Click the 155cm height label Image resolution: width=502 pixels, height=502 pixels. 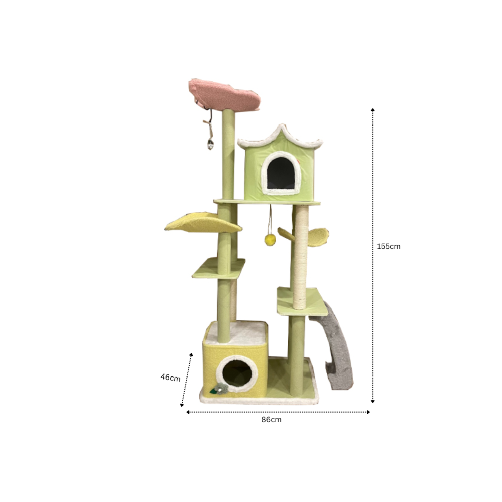pyautogui.click(x=389, y=246)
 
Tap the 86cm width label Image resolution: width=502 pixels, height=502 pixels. pyautogui.click(x=271, y=419)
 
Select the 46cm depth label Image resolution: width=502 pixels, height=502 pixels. pyautogui.click(x=170, y=378)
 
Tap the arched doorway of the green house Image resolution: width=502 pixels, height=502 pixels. pyautogui.click(x=281, y=174)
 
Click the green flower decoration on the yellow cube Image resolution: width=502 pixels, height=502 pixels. pyautogui.click(x=219, y=388)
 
